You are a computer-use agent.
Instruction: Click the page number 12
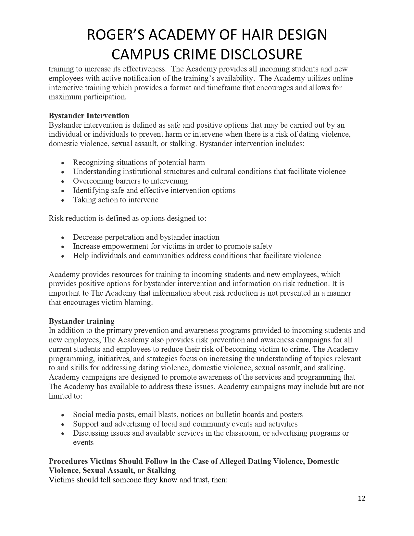click(361, 498)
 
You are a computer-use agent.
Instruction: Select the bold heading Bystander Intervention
click(89, 116)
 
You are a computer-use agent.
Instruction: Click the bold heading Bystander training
click(82, 321)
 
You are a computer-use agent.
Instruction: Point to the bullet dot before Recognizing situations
click(63, 163)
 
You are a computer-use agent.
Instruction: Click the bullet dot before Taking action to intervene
click(63, 200)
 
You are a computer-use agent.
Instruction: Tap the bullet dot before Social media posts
click(63, 415)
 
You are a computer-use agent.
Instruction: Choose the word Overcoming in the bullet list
click(90, 181)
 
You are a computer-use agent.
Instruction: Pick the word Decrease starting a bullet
click(86, 237)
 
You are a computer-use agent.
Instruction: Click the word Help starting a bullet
click(81, 256)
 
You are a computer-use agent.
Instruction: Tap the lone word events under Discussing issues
click(83, 442)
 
